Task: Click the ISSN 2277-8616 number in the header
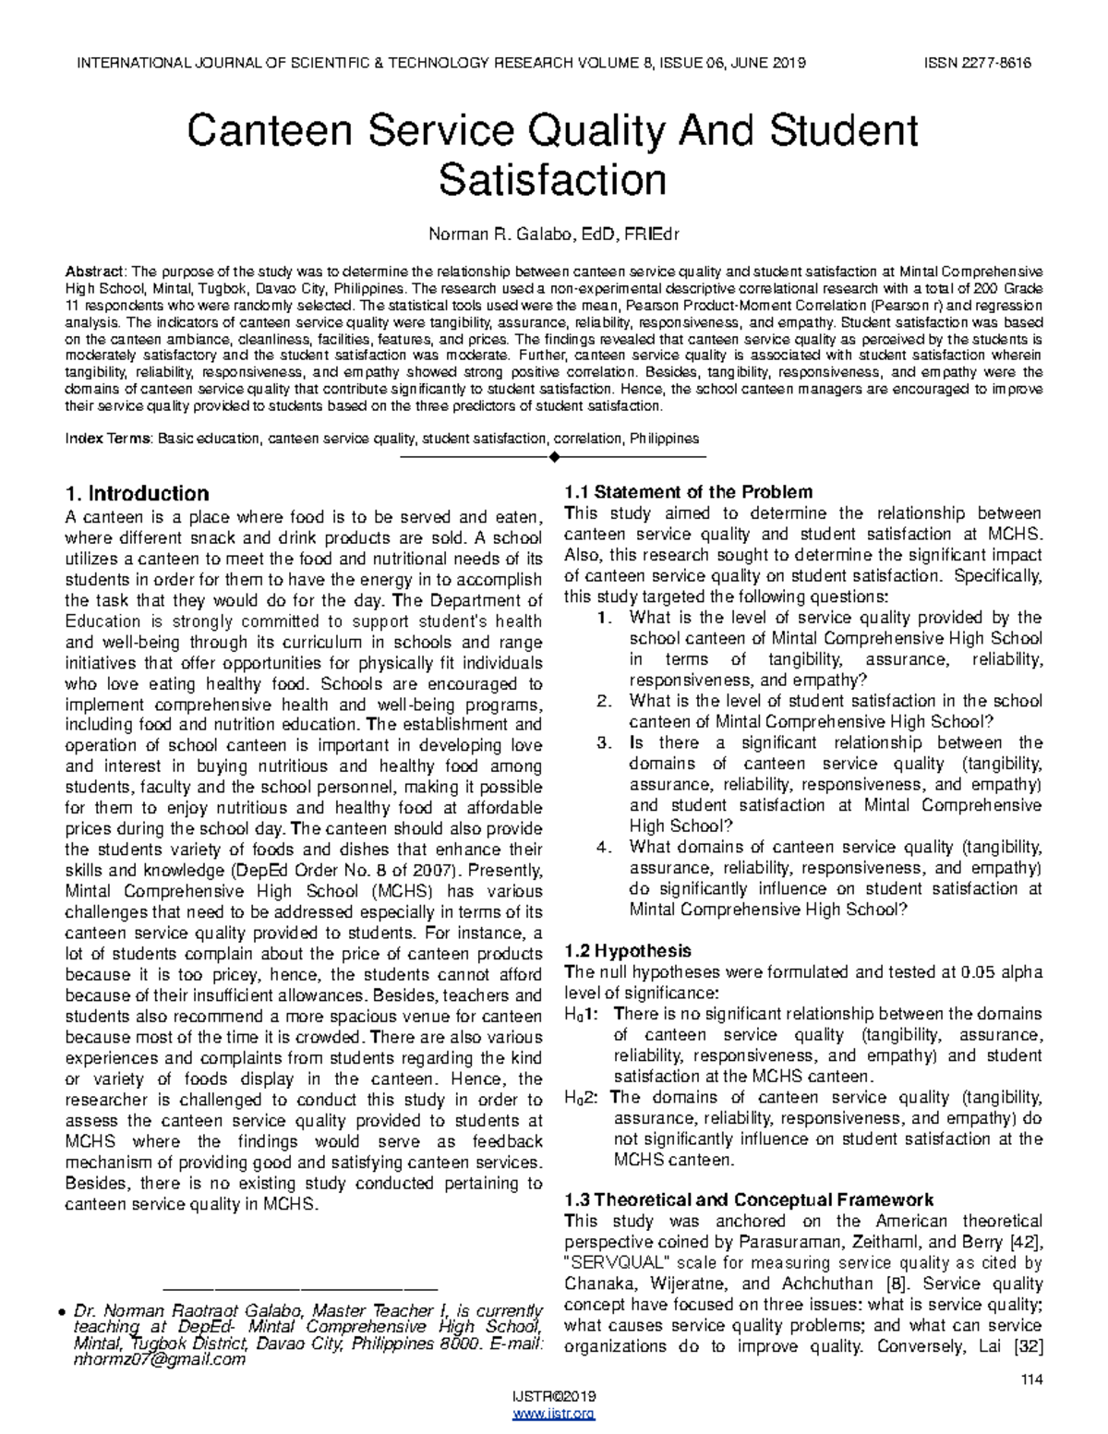tap(977, 63)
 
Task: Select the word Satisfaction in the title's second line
tap(552, 180)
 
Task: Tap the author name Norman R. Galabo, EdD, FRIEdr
tap(553, 235)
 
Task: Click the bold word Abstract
tap(94, 271)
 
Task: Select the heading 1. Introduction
tap(137, 494)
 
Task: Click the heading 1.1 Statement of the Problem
tap(688, 492)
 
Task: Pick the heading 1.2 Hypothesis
tap(627, 951)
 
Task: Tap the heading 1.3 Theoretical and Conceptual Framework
tap(748, 1200)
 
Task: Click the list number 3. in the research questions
tap(604, 743)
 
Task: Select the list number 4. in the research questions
tap(604, 848)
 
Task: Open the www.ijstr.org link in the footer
tap(553, 1414)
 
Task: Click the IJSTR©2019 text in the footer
tap(553, 1398)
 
